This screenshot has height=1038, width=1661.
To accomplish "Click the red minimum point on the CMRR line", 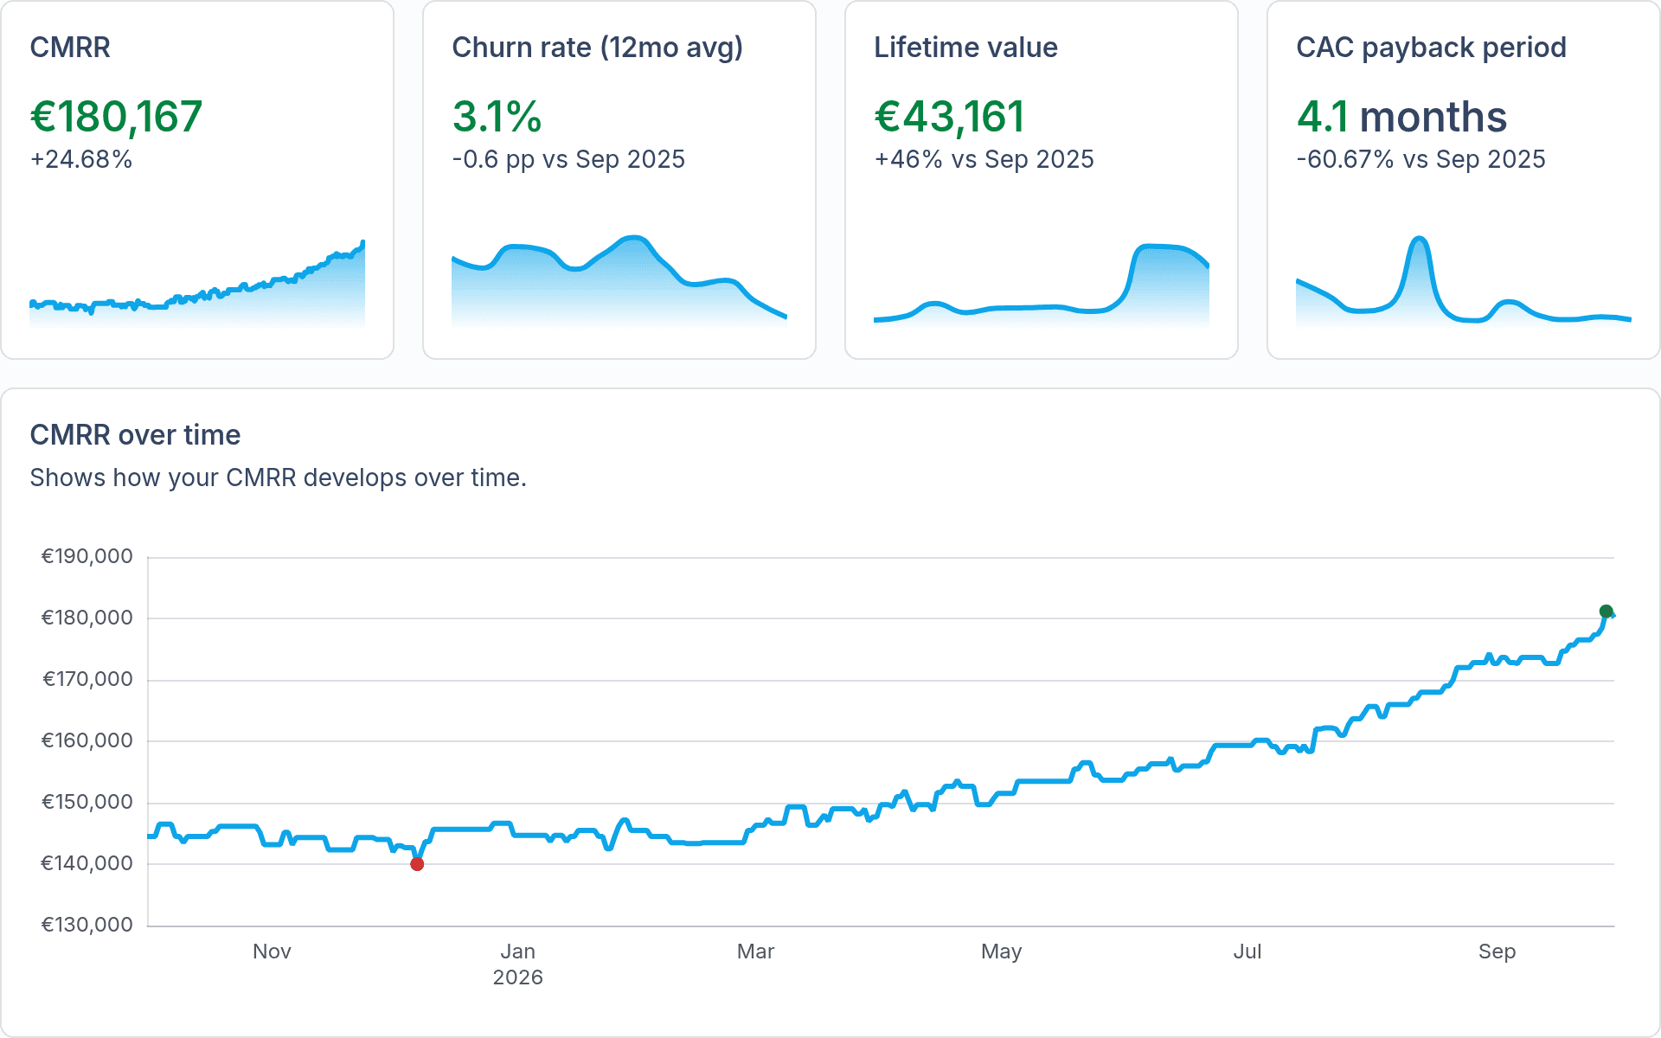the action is point(417,864).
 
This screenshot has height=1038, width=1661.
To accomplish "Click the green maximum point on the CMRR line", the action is point(1606,612).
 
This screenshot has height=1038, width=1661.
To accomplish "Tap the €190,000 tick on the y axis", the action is point(87,556).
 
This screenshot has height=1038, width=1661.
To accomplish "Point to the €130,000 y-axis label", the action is point(87,925).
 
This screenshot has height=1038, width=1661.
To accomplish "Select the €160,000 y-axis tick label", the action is point(87,740).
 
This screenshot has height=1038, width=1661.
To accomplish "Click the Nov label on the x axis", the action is point(272,951).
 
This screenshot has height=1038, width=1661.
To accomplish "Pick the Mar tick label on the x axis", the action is point(755,951).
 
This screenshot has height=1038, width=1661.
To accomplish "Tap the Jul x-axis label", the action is point(1247,951).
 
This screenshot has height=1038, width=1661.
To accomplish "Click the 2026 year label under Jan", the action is point(518,977).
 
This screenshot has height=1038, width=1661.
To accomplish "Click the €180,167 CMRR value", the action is point(117,117).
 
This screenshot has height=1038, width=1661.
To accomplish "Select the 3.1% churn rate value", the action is point(497,117).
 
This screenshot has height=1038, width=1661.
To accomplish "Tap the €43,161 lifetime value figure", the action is point(950,117).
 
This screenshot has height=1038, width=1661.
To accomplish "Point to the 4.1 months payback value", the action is point(1401,117).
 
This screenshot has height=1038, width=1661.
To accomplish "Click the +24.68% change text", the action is point(81,159).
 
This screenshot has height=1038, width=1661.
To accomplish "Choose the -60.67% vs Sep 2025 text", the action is point(1421,159).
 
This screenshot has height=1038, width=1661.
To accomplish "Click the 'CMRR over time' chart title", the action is point(136,435).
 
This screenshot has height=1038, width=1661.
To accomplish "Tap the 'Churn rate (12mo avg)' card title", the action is point(598,48).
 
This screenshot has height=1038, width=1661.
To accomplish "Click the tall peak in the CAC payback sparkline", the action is point(1419,239).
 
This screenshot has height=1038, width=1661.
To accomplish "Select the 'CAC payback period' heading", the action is point(1431,48).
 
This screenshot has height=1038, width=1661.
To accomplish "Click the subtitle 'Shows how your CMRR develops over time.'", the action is point(279,477).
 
